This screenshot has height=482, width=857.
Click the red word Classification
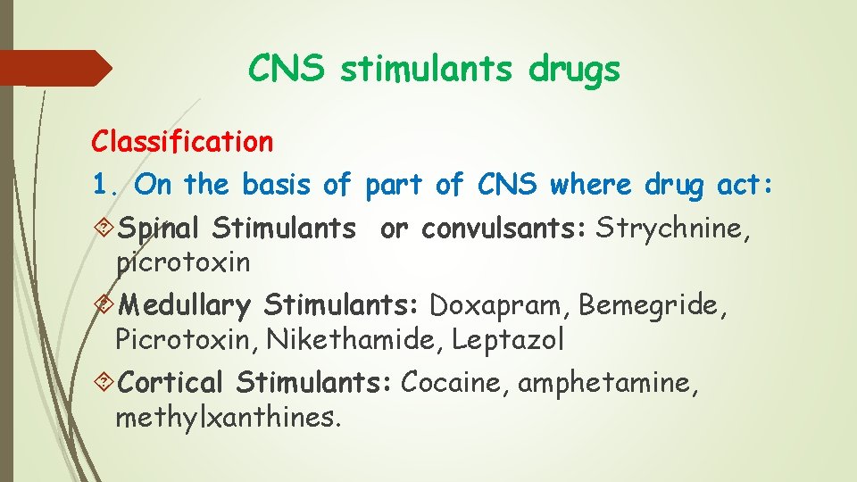[182, 141]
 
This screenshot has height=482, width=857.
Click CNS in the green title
[287, 69]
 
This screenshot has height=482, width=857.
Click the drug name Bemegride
[653, 305]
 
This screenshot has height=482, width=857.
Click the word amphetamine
[603, 383]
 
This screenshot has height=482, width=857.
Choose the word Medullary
[184, 306]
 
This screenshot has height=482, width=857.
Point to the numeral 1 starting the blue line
[100, 186]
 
